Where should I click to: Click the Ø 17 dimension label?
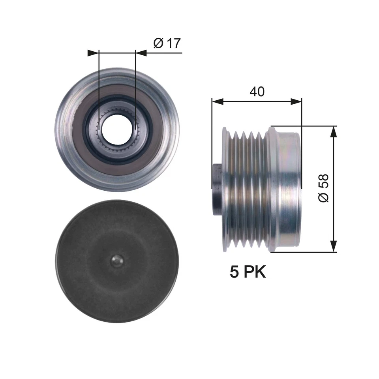pyautogui.click(x=166, y=43)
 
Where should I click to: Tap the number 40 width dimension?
pyautogui.click(x=257, y=91)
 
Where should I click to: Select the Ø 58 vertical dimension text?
pyautogui.click(x=323, y=189)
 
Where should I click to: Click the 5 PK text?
pyautogui.click(x=248, y=272)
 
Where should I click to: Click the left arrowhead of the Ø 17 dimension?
pyautogui.click(x=93, y=53)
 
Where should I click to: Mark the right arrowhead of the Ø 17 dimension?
pyautogui.click(x=141, y=53)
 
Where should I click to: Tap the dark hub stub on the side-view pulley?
pyautogui.click(x=217, y=189)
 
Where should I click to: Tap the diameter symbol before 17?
pyautogui.click(x=157, y=43)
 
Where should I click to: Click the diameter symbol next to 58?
pyautogui.click(x=323, y=198)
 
